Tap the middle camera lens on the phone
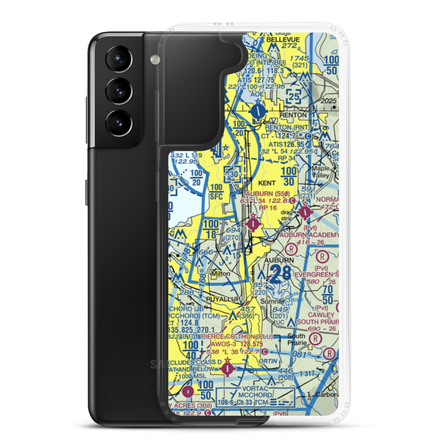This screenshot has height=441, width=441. point(118,91)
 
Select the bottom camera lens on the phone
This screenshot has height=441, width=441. point(118,121)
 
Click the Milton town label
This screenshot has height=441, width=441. point(221,273)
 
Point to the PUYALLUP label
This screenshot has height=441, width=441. point(223,299)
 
